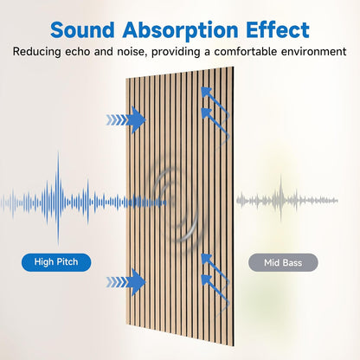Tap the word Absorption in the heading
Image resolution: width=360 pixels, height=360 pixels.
188,29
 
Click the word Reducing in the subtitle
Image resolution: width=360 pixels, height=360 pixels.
38,52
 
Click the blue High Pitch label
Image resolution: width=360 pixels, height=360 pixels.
56,260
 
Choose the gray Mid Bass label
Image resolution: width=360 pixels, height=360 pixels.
283,260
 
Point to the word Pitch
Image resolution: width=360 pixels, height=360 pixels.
71,260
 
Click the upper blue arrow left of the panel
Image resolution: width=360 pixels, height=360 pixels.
127,119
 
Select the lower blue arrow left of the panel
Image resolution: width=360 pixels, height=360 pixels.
127,280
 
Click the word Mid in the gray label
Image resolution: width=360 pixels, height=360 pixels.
267,260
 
